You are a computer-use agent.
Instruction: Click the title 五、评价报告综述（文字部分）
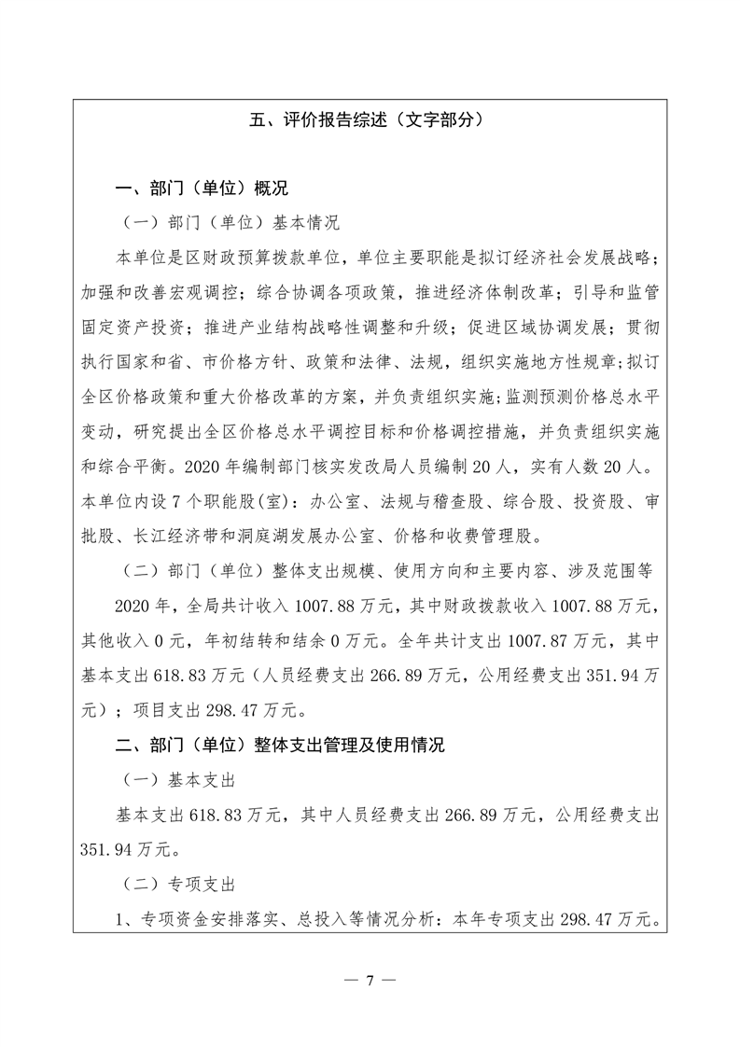[x=370, y=119]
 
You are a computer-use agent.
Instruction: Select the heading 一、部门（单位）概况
[x=188, y=189]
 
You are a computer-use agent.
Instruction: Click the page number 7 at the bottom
[x=370, y=980]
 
